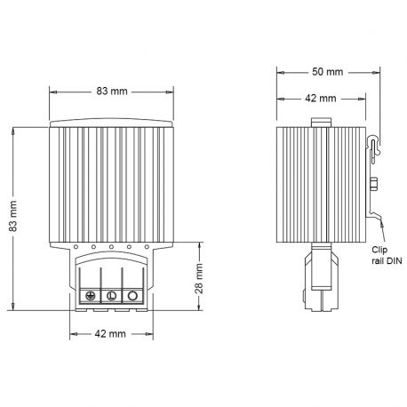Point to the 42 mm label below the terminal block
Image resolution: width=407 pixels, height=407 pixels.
111,336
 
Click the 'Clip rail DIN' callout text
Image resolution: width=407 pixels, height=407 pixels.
385,254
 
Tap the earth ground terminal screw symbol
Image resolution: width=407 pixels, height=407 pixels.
91,295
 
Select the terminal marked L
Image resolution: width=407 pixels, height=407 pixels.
112,295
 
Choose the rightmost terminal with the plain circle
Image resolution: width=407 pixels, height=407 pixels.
132,295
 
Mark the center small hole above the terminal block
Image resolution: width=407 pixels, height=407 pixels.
111,247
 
